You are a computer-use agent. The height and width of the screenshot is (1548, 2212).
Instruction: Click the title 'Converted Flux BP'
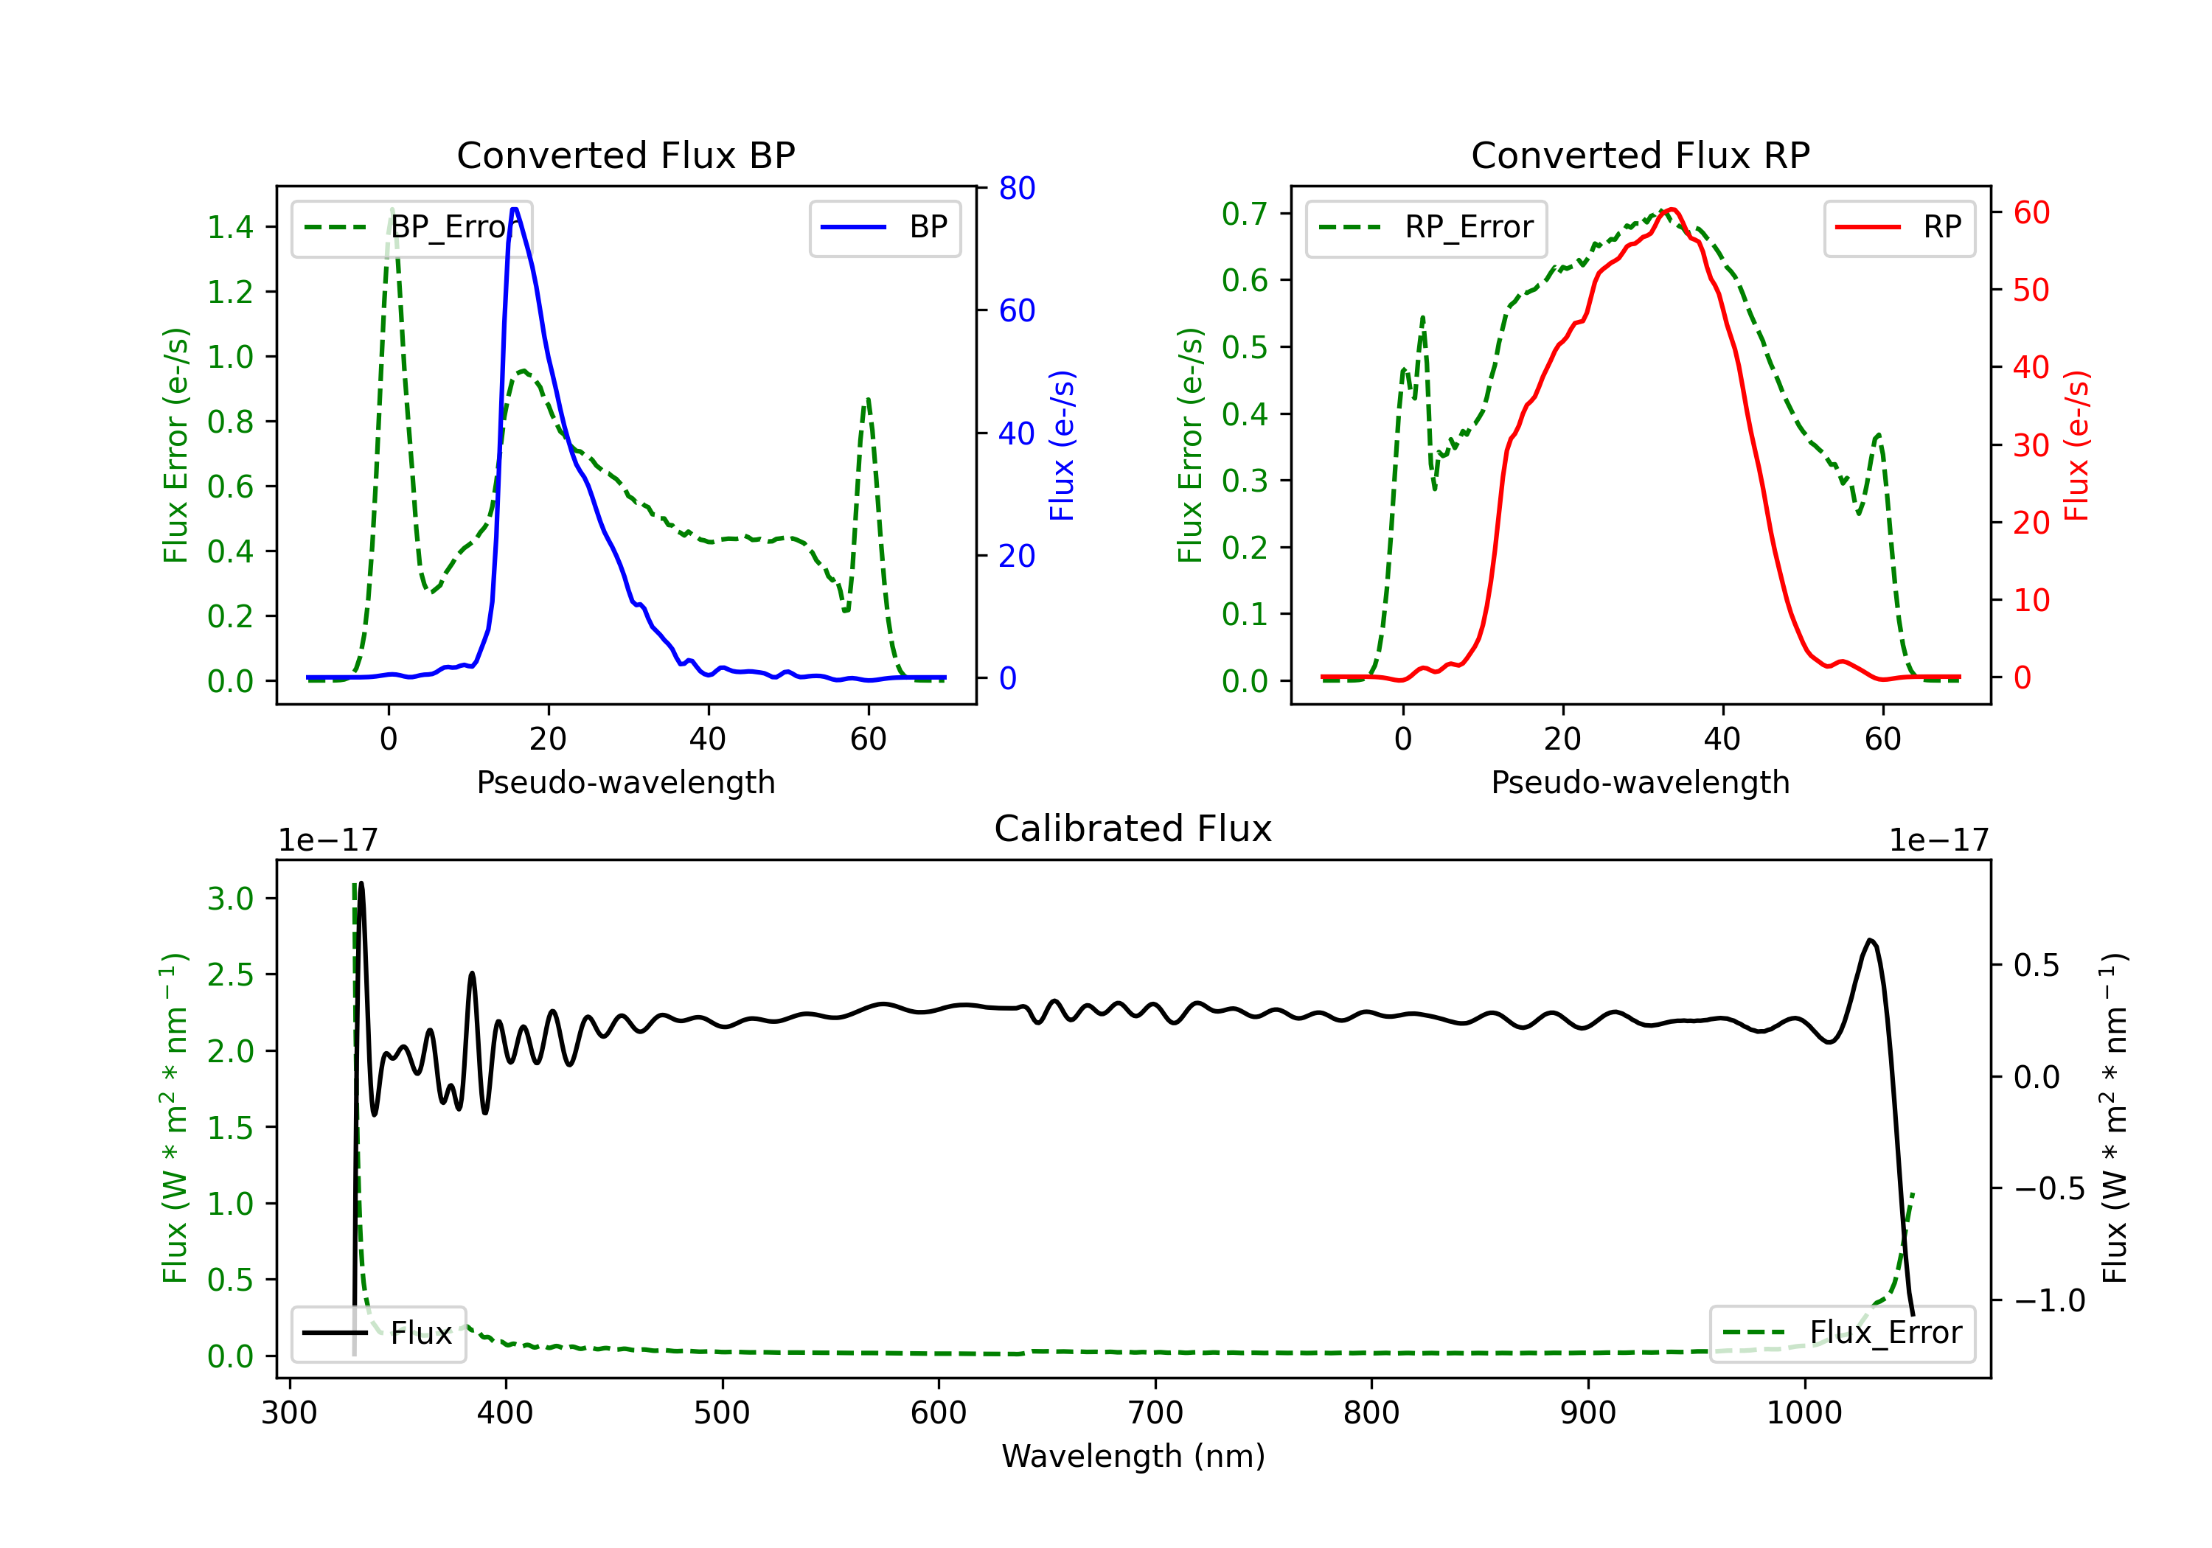[x=625, y=155]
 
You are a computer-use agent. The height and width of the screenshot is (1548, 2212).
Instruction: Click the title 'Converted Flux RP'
[x=1640, y=155]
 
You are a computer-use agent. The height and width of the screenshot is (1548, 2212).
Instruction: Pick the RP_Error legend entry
[x=1426, y=227]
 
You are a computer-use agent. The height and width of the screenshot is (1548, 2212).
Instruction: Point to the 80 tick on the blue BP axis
[x=1016, y=188]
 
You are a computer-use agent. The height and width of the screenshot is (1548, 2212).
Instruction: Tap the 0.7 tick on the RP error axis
[x=1245, y=213]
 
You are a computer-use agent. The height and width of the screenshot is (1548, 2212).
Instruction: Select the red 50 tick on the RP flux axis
[x=2031, y=290]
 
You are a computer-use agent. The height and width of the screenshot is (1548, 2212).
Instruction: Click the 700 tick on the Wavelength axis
[x=1155, y=1413]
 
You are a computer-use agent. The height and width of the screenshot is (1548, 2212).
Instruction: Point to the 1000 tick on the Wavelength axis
[x=1804, y=1413]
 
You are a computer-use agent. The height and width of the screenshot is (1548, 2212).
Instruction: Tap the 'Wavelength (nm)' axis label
[x=1133, y=1456]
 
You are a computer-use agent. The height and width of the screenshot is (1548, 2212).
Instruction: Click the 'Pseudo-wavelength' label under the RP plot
[x=1640, y=782]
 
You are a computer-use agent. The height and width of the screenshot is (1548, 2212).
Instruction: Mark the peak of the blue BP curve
[x=515, y=209]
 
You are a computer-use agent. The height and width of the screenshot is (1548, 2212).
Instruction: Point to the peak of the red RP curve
[x=1672, y=209]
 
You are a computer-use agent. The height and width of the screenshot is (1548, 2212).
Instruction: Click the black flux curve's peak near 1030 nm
[x=1870, y=940]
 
